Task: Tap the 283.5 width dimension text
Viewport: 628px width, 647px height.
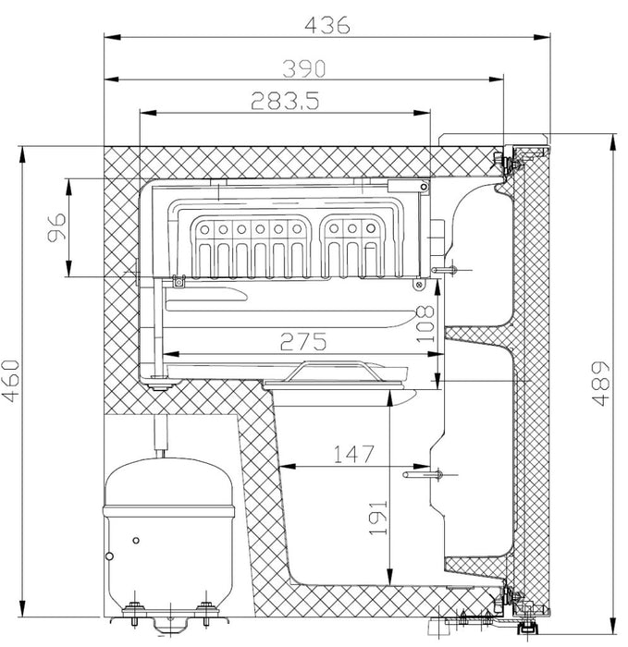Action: pos(284,102)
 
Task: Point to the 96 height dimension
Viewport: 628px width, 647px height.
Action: pos(55,227)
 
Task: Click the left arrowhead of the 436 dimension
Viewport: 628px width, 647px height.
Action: pos(109,37)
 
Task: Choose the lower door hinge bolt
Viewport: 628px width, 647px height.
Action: pos(507,598)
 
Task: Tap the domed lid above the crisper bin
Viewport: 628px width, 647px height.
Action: pos(336,372)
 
